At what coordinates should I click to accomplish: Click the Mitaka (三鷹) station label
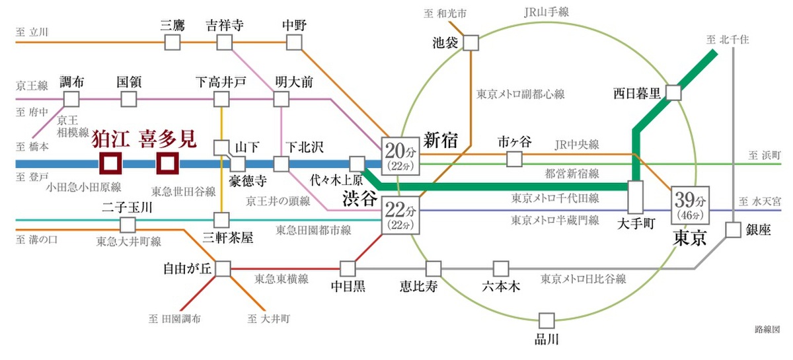click(172, 25)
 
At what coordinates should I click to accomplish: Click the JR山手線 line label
click(547, 12)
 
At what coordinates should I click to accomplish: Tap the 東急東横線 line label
click(282, 279)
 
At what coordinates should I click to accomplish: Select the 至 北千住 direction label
click(728, 39)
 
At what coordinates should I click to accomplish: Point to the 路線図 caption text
click(767, 329)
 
